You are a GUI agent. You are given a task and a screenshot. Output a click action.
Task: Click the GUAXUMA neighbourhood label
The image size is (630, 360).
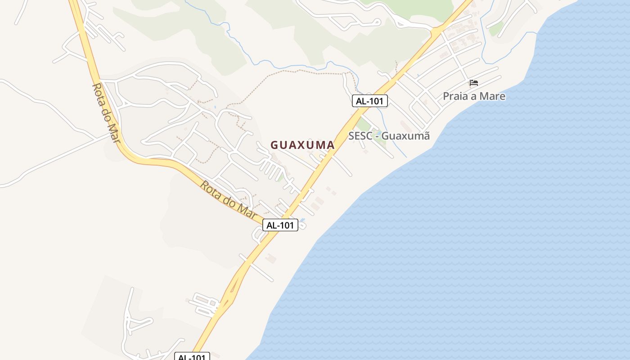[x=302, y=145]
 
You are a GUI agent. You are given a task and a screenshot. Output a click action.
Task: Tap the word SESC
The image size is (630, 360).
[x=360, y=135]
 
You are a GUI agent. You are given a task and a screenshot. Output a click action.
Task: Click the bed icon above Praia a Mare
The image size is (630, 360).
[x=473, y=83]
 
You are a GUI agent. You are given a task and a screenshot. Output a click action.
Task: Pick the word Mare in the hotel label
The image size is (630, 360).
[x=492, y=96]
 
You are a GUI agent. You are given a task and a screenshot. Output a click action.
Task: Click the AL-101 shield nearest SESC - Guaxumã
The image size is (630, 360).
[x=369, y=101]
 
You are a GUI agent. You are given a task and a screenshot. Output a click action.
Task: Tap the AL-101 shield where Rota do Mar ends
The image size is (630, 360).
[x=280, y=225]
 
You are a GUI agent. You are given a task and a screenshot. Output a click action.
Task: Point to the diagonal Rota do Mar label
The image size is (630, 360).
[x=228, y=200]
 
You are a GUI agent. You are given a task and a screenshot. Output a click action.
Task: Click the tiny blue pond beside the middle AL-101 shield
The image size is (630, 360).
[x=302, y=220]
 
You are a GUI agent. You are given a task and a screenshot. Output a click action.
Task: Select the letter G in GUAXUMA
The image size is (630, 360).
[x=274, y=145]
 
